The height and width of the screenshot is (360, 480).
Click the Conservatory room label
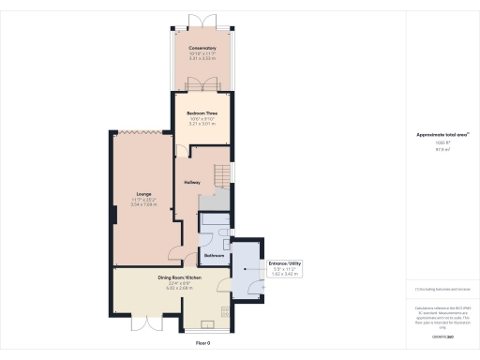click(202, 48)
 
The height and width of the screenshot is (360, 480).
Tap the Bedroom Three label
click(202, 116)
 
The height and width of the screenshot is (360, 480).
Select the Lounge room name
click(143, 194)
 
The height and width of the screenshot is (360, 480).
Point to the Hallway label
click(192, 182)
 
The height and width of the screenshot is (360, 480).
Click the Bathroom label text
click(213, 254)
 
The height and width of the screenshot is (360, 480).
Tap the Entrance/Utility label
click(284, 264)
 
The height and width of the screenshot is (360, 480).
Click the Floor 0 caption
click(202, 344)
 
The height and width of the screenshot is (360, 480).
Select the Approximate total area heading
click(442, 134)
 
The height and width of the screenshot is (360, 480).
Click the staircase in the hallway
click(220, 178)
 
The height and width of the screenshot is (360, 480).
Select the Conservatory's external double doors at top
click(202, 20)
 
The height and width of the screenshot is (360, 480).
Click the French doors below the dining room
click(146, 325)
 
